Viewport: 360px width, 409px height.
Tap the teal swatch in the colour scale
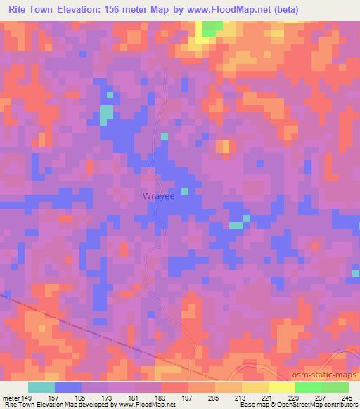click(x=41, y=387)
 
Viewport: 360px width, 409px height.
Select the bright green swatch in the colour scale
click(x=308, y=387)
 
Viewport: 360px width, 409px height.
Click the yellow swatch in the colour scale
click(x=281, y=387)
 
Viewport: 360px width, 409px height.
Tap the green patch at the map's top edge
click(x=210, y=27)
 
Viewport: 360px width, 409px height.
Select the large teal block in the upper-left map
click(x=105, y=115)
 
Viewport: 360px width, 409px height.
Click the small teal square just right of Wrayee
click(x=185, y=190)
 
